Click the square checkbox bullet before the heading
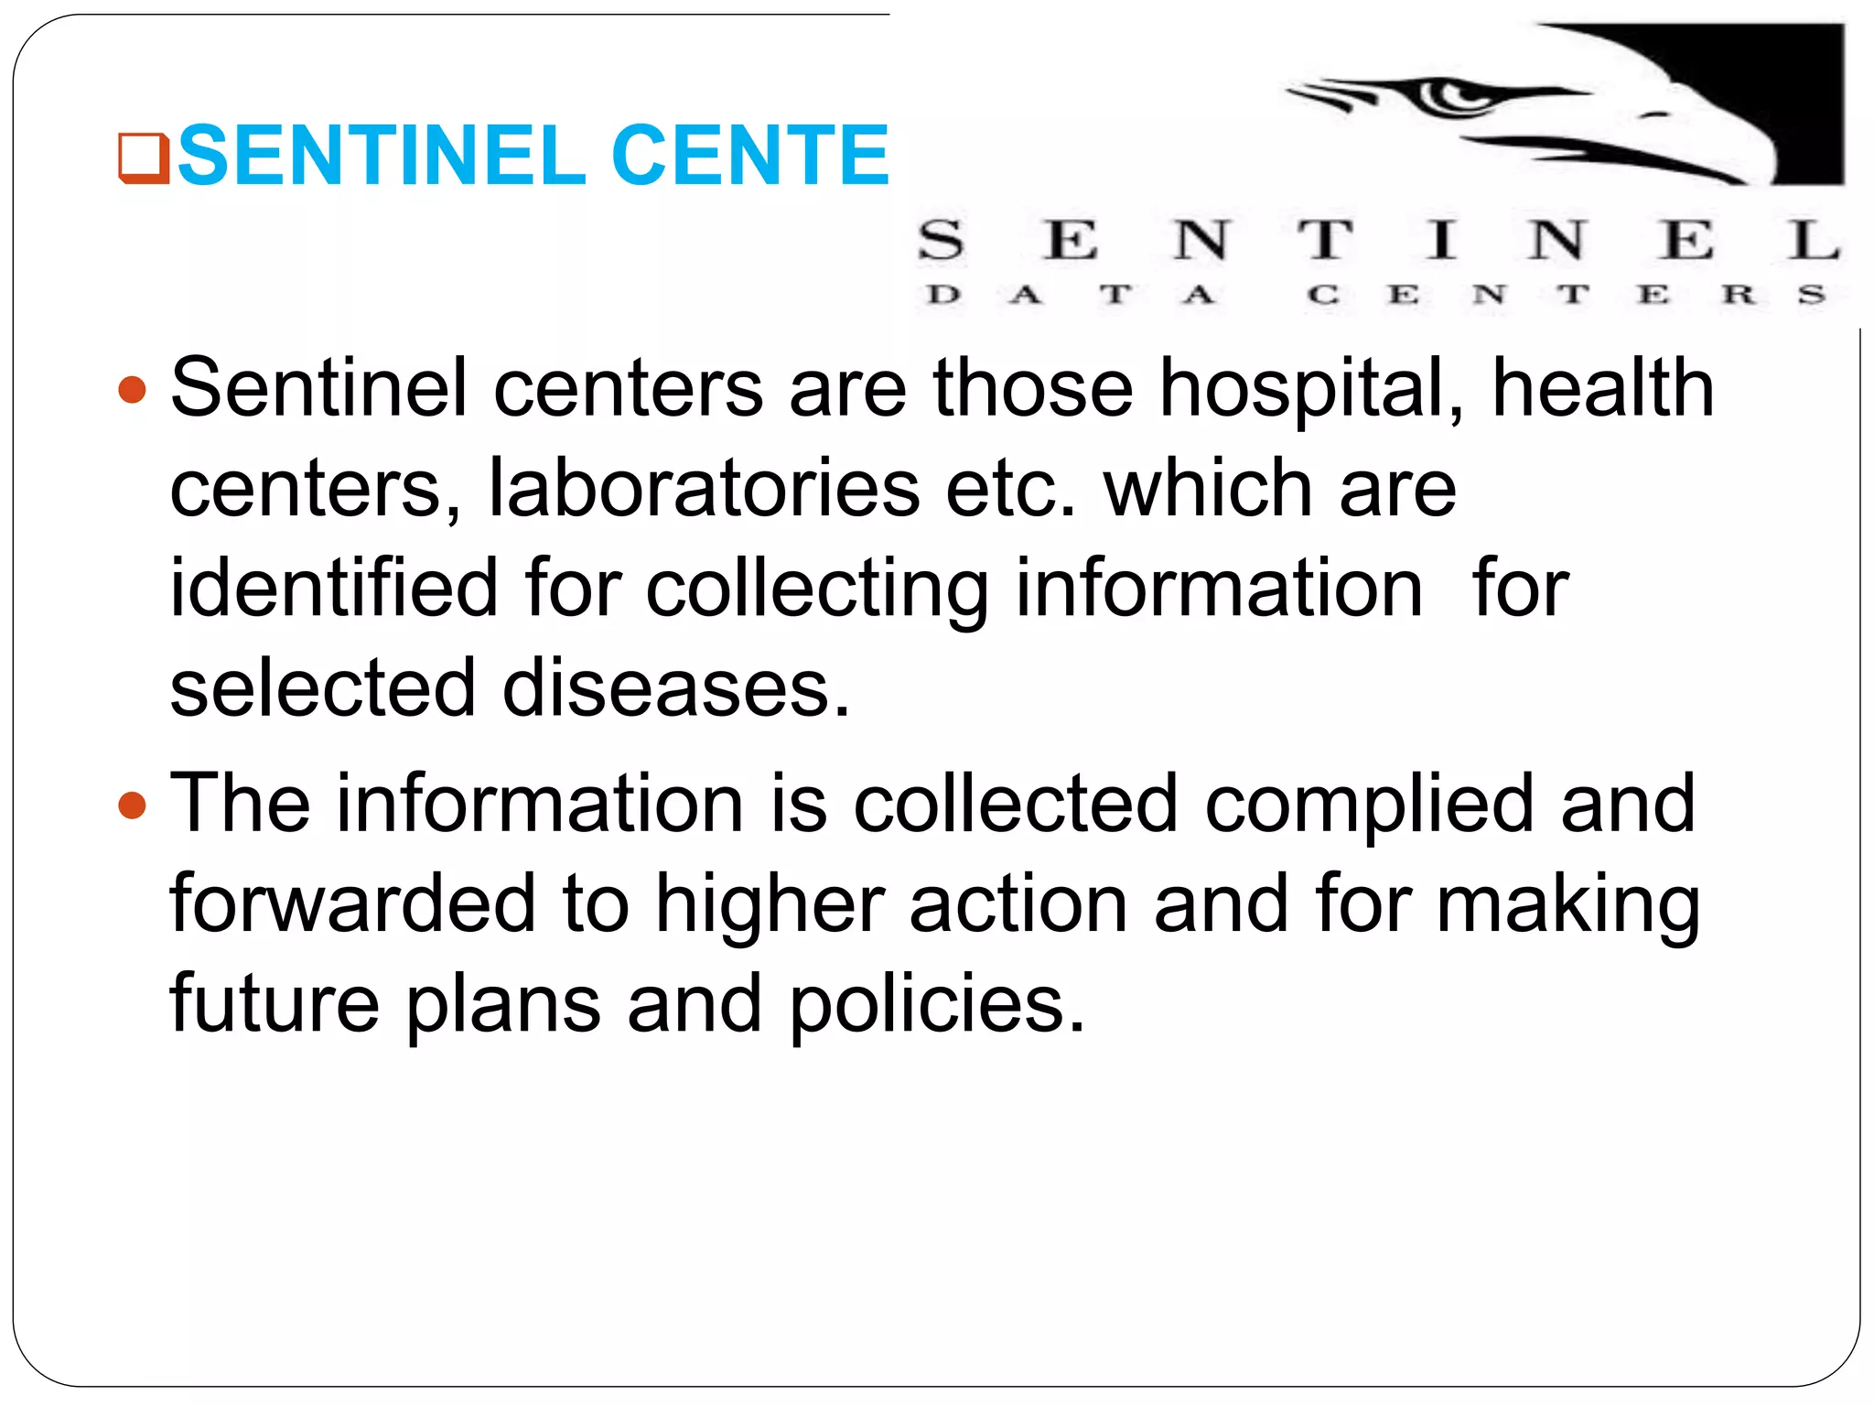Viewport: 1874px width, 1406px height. click(x=144, y=158)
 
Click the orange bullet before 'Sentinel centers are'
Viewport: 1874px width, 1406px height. click(x=133, y=390)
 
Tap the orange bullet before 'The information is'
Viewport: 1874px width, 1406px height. click(x=133, y=806)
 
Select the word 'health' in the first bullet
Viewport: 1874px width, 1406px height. click(x=1603, y=388)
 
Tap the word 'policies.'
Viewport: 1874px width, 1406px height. click(x=937, y=1005)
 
